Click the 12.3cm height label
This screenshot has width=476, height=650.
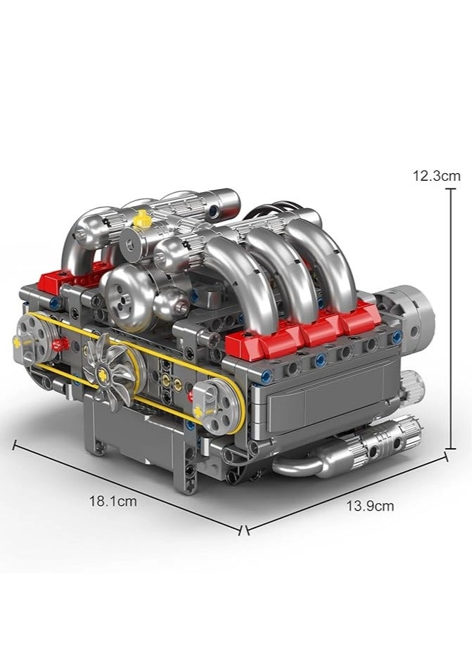[x=437, y=176]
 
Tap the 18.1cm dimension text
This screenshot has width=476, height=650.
[x=112, y=502]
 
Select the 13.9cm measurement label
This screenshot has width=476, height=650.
[x=370, y=505]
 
